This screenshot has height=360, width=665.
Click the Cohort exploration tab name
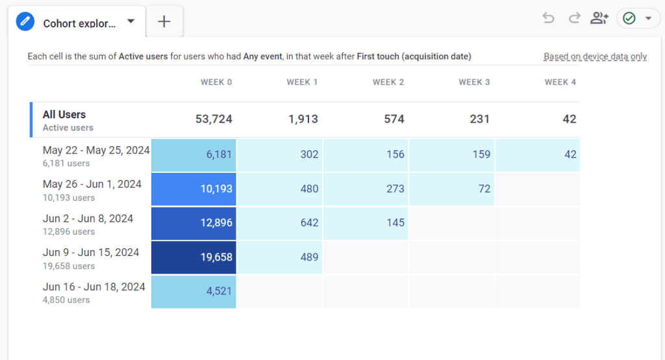[x=79, y=23]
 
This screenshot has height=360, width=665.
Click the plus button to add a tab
[x=164, y=21]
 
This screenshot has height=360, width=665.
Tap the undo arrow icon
[x=549, y=18]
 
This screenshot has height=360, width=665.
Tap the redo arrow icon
[x=574, y=18]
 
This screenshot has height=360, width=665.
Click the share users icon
[x=599, y=18]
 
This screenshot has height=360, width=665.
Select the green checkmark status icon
[x=629, y=18]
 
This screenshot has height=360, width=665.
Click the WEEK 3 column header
[x=474, y=83]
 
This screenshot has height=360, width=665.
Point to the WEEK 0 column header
[x=216, y=83]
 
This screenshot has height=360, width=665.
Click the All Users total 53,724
[x=214, y=120]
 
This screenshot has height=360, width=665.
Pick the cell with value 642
[x=309, y=223]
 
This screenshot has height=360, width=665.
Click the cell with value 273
[x=395, y=189]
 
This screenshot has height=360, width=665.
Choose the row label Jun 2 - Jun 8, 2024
[x=88, y=219]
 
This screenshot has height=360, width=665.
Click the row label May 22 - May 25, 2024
[x=96, y=150]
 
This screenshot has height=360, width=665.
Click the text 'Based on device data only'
[x=595, y=57]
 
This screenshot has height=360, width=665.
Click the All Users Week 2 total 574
[x=394, y=120]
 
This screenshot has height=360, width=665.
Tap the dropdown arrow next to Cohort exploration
[x=131, y=21]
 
